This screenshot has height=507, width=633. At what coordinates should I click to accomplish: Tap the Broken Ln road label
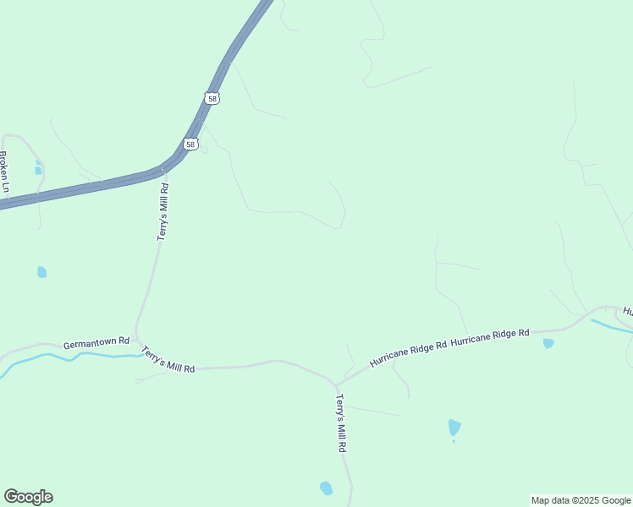point(3,172)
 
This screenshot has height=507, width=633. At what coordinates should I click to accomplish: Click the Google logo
point(28,497)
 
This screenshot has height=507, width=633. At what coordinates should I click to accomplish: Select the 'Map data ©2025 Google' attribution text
point(581,500)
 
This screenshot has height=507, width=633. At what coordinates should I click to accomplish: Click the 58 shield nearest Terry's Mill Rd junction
point(192,144)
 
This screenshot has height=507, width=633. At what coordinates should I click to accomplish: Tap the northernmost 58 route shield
point(212,99)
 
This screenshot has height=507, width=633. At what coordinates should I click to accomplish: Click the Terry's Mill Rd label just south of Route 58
point(163,212)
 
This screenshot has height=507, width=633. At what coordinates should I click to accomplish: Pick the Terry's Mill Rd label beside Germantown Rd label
point(168,360)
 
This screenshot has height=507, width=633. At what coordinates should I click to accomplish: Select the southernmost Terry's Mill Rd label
point(341,423)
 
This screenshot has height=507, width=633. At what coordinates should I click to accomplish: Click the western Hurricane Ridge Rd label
point(407,354)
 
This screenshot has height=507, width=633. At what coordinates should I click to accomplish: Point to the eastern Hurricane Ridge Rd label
point(490,337)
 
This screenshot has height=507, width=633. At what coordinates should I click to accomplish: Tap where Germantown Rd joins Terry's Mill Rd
point(137,341)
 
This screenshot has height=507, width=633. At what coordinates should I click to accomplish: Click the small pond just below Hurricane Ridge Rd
point(548,343)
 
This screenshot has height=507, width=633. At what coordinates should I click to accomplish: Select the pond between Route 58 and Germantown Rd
point(41,272)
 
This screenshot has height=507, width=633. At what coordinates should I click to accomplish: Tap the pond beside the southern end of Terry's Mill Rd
point(326,488)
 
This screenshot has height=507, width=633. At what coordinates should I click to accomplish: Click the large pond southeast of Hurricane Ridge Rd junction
point(454,428)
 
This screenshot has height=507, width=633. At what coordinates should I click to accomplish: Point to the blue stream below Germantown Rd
point(51,357)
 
